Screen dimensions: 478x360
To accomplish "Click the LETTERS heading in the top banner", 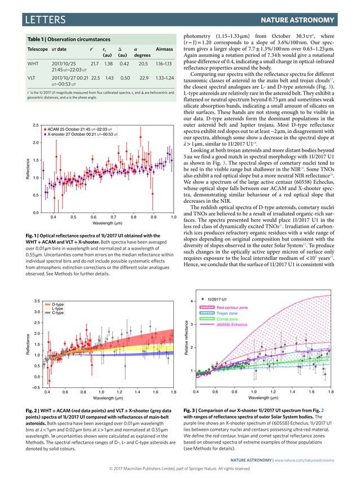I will (x=38, y=21).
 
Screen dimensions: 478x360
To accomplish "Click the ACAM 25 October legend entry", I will (x=85, y=129).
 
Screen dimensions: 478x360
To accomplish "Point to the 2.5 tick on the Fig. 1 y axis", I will (x=35, y=125).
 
